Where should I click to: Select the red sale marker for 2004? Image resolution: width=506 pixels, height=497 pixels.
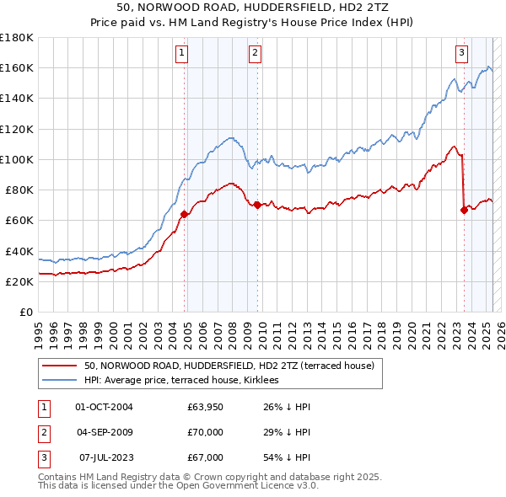184,214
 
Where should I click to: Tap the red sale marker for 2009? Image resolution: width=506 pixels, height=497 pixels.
256,205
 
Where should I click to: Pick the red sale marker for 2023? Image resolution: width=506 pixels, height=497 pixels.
464,210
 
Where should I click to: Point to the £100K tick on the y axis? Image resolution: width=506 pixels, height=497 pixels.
17,159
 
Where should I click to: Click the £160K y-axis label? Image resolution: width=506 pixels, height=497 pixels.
17,67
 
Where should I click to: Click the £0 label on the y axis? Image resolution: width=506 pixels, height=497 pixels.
24,313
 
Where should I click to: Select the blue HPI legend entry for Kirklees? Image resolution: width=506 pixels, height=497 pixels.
186,381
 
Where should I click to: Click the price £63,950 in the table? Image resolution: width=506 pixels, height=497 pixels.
206,407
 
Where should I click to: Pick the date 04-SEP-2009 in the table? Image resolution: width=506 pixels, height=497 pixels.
105,432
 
